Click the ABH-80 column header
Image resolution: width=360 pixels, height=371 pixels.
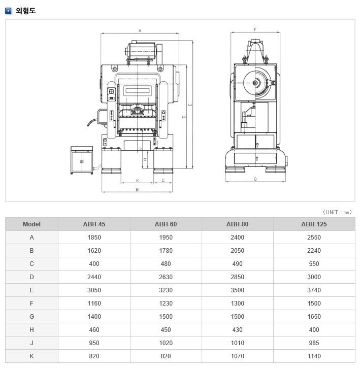coord(237,224)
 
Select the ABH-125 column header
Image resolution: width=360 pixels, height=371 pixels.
coord(314,224)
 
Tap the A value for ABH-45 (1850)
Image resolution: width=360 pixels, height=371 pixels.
coord(94,238)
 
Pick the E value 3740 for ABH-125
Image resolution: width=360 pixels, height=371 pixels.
coord(314,290)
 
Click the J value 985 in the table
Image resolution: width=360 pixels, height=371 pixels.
coord(314,343)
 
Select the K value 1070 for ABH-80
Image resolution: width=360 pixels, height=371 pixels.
coord(237,356)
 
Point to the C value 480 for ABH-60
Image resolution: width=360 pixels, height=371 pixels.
coord(166,263)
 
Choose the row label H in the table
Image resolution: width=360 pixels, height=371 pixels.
coord(31,329)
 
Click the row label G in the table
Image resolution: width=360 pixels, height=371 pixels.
coord(31,316)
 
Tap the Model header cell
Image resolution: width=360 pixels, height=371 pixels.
coord(31,224)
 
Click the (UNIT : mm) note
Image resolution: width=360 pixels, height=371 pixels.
coord(337,212)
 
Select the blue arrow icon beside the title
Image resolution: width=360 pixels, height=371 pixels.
coord(8,11)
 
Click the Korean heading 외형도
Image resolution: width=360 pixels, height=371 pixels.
coord(25,11)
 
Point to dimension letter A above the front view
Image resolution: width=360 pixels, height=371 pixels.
coord(140,30)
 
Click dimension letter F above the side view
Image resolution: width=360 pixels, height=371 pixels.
coord(255,29)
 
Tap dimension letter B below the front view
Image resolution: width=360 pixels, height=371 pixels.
coord(137,189)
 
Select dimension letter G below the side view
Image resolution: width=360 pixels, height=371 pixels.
coord(255,179)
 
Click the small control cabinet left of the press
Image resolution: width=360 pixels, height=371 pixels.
coord(82,160)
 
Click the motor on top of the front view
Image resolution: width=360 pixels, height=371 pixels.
coord(141,50)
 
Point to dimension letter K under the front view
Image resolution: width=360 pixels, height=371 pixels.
coord(138,181)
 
